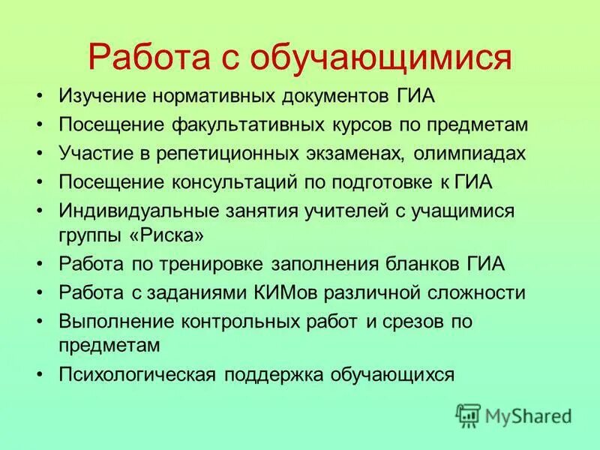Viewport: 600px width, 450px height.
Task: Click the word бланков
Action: point(429,264)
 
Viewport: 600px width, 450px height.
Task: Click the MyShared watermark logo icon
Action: point(469,415)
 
